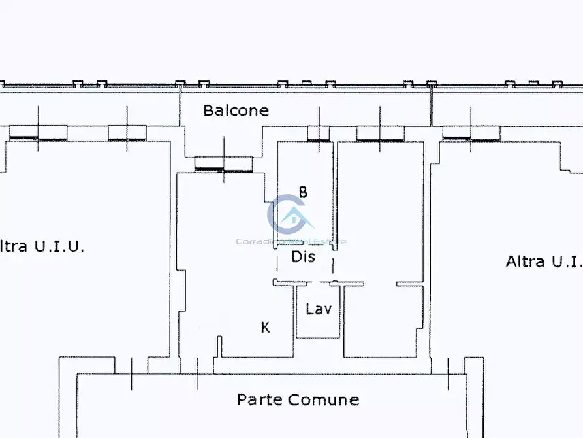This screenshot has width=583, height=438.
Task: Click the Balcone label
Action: (236, 110)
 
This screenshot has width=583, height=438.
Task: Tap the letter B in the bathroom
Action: (303, 192)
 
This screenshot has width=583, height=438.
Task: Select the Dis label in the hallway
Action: (303, 257)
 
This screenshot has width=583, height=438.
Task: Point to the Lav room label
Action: (319, 309)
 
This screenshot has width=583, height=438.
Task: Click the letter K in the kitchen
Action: (266, 328)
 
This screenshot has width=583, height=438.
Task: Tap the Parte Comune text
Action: (298, 399)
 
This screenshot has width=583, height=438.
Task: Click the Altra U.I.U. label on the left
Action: (42, 246)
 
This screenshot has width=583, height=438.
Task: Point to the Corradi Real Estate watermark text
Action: (291, 241)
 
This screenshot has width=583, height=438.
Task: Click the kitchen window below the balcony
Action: (224, 164)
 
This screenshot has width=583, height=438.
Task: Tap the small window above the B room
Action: (319, 134)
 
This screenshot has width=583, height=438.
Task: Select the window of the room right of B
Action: (380, 133)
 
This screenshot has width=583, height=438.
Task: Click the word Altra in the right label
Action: (525, 261)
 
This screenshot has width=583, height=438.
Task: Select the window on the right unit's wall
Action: (471, 133)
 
